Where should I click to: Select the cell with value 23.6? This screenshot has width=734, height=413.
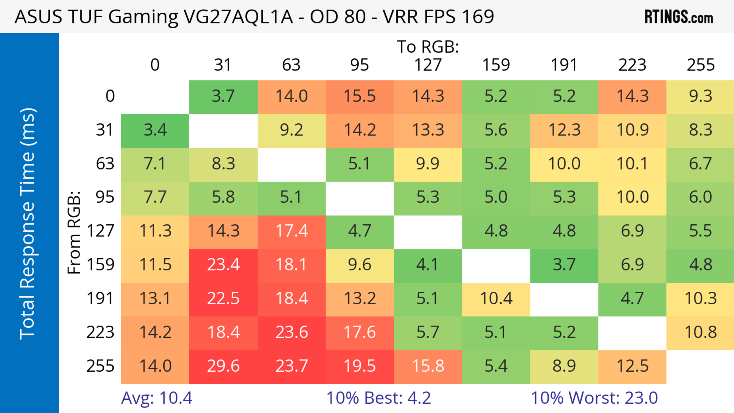click(291, 332)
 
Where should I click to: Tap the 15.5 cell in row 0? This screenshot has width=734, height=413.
click(360, 96)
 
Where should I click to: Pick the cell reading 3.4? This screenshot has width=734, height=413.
click(155, 130)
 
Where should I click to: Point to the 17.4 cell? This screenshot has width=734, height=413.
click(291, 231)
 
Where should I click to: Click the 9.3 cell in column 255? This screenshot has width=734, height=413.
click(700, 96)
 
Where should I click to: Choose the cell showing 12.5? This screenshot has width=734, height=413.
click(632, 366)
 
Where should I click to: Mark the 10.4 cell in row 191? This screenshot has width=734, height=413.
click(496, 299)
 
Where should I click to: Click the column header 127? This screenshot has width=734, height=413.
click(428, 65)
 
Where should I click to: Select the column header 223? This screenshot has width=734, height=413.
click(632, 65)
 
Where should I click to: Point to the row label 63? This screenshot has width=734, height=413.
click(105, 164)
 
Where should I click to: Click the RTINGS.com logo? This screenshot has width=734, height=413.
click(679, 17)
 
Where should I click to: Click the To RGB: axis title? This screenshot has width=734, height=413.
click(428, 47)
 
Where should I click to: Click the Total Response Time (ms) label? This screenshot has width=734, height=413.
click(28, 224)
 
